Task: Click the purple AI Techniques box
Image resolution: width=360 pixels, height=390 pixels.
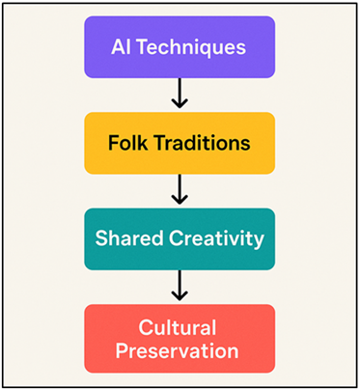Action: point(179,46)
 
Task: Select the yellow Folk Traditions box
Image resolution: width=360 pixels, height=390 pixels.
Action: point(179,143)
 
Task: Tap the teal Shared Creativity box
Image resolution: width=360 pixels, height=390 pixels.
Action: point(179,238)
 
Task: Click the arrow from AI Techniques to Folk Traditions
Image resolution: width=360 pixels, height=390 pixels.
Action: point(179,95)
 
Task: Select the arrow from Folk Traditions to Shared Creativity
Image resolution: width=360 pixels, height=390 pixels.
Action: point(179,190)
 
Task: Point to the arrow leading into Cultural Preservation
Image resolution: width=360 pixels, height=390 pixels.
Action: point(179,287)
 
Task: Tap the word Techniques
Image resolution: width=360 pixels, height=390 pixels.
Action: point(192,46)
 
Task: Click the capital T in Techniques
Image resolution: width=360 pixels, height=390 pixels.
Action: point(144,46)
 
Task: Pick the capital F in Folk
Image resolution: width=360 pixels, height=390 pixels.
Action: point(112,143)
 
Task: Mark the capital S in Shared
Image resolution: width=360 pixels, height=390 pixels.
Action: point(101,238)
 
